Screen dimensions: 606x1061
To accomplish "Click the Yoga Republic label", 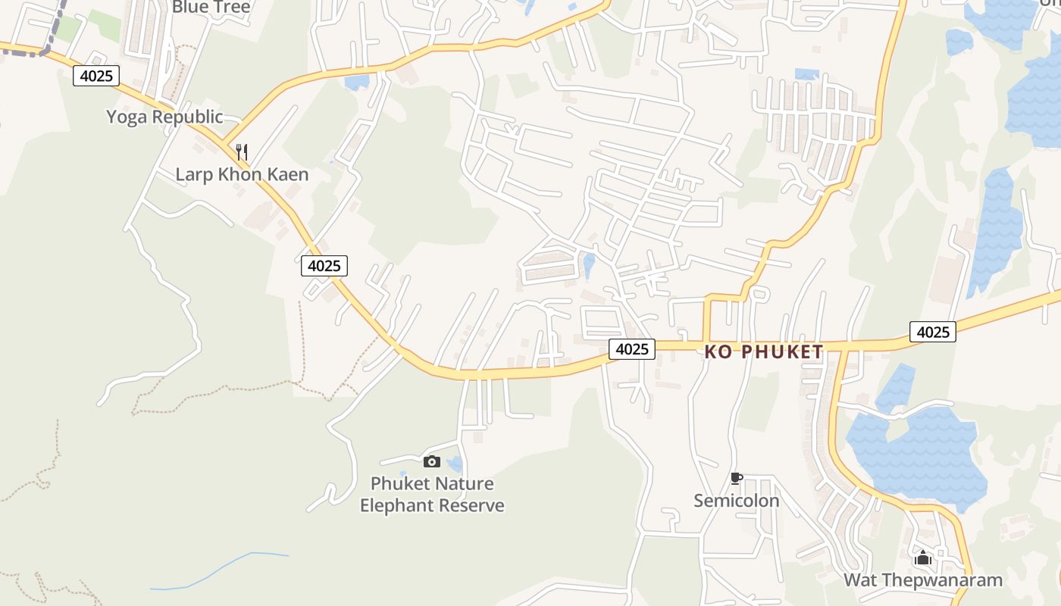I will tap(164, 117).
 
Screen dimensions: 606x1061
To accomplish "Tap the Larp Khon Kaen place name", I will tap(242, 174).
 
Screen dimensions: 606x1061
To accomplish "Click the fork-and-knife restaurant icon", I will tap(242, 151).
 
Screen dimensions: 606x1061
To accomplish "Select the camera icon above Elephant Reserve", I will tap(431, 461).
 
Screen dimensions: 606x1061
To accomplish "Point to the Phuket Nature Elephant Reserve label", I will tap(432, 494).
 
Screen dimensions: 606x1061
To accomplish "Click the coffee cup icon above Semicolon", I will tap(735, 478).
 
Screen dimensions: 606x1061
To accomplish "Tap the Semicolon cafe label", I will tap(736, 501).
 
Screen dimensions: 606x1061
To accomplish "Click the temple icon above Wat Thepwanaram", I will tap(922, 558).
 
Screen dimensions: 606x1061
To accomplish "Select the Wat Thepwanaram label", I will tap(922, 580).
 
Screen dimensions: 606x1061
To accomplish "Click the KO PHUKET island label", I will tap(763, 351).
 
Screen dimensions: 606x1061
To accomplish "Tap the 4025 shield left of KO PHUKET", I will tap(631, 348).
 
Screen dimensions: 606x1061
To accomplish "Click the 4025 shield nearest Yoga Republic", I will tap(96, 76).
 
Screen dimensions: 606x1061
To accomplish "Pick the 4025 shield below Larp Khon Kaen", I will tap(324, 266).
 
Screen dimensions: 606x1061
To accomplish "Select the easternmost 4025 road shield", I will tap(932, 332).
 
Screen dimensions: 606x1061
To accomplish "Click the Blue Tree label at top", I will tap(211, 8).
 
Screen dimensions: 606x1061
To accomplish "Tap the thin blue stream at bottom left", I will tap(220, 570).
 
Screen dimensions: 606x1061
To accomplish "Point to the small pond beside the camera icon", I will tap(455, 464).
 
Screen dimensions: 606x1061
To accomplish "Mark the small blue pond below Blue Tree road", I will tap(356, 82).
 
